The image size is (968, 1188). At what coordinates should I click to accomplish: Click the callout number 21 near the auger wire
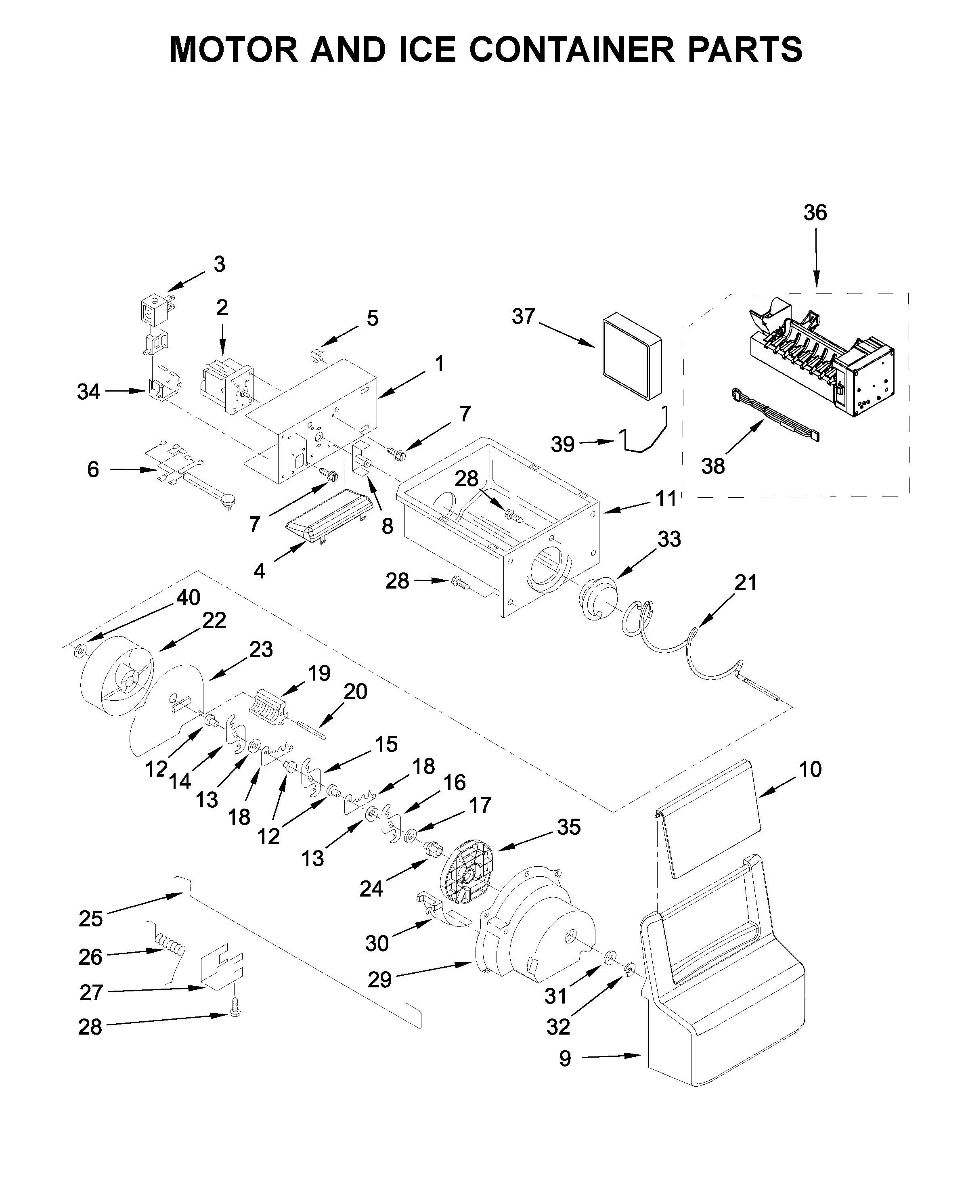point(746,582)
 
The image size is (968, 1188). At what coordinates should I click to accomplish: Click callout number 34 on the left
point(89,392)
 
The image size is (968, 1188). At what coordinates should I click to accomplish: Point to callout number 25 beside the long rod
point(90,918)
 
